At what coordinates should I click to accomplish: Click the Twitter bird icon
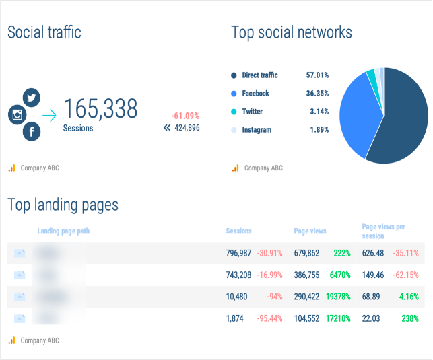click(32, 98)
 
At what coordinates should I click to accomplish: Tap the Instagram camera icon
click(18, 114)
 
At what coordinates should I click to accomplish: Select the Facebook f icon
click(32, 132)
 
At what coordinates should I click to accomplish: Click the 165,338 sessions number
click(100, 109)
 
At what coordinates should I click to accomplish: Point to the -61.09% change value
click(185, 116)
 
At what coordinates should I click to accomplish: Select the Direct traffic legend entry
click(259, 75)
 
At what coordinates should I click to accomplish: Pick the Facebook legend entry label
click(255, 94)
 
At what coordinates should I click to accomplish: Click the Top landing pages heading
click(63, 205)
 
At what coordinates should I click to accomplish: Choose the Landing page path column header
click(63, 231)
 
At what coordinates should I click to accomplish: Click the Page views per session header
click(384, 231)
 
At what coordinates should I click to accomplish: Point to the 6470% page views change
click(341, 275)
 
